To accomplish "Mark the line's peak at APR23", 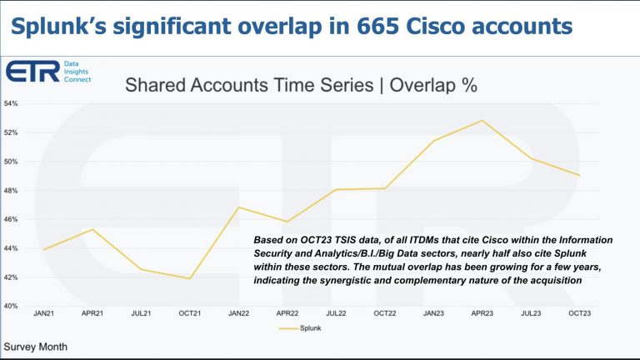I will point(482,121).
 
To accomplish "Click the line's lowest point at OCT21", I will point(191,278).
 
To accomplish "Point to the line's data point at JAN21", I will point(44,249).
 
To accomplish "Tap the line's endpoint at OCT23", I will point(578,175).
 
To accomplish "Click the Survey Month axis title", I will point(36,345).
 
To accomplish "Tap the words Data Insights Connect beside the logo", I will point(77,72).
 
